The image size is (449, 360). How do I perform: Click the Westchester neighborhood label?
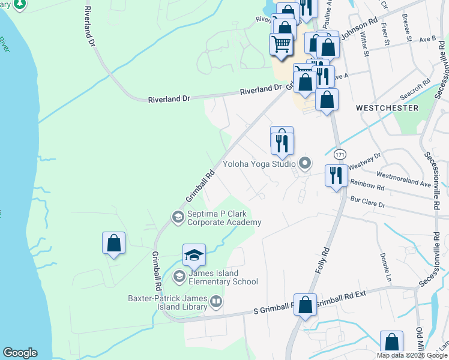pyautogui.click(x=387, y=108)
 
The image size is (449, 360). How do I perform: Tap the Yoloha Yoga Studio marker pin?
pyautogui.click(x=306, y=163)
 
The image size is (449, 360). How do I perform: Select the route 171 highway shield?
pyautogui.click(x=340, y=154)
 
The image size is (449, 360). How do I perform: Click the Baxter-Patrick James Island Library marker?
pyautogui.click(x=216, y=301)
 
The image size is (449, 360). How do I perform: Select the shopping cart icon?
pyautogui.click(x=281, y=44)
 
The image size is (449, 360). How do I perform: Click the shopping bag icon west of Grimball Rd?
pyautogui.click(x=113, y=244)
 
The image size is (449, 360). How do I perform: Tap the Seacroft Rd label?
pyautogui.click(x=415, y=89)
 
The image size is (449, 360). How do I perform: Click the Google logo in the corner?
pyautogui.click(x=20, y=353)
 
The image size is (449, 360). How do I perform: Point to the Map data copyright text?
pyautogui.click(x=412, y=355)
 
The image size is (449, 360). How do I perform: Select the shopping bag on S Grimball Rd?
pyautogui.click(x=305, y=304)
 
